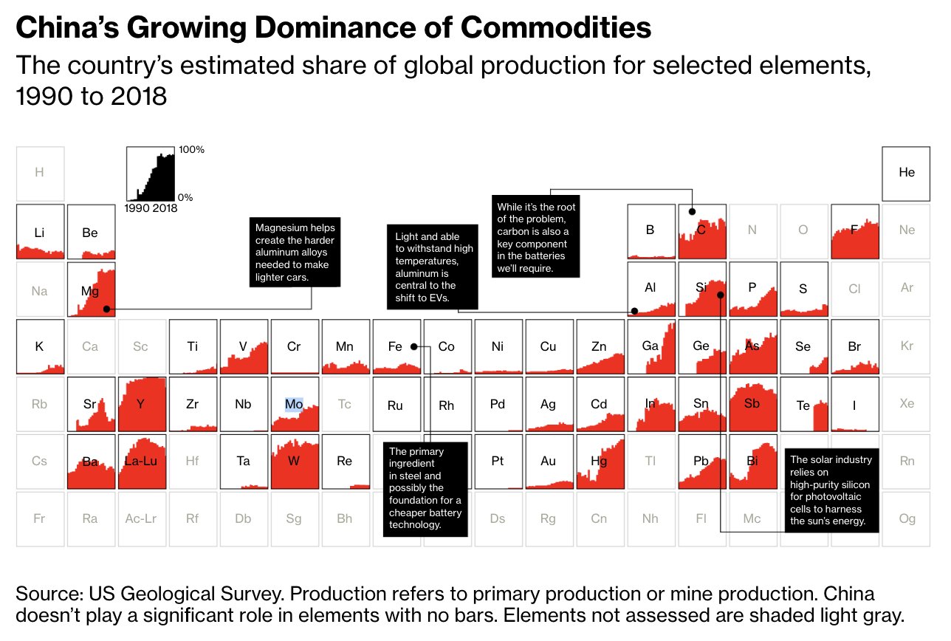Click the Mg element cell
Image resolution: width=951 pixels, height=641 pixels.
point(91,289)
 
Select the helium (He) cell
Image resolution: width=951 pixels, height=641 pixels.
point(906,174)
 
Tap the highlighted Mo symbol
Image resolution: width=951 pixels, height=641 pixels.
point(294,404)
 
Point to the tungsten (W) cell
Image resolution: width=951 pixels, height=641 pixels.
point(295,462)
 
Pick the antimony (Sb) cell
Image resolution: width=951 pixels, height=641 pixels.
point(752,404)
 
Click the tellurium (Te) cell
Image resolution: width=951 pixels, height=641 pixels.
point(803,405)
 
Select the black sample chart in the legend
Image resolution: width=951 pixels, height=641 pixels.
point(151,174)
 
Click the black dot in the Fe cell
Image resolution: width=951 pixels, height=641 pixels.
point(414,346)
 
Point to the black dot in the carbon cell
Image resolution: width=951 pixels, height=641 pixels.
point(692,212)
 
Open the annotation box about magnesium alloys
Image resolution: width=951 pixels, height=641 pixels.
point(295,253)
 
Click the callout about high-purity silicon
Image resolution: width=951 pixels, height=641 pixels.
point(831,490)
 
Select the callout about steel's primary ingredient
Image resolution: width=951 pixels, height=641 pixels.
point(425,488)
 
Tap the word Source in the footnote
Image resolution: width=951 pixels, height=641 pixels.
point(48,594)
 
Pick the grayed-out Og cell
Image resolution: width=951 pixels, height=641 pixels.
point(907,518)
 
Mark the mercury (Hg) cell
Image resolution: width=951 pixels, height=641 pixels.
point(600,462)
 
